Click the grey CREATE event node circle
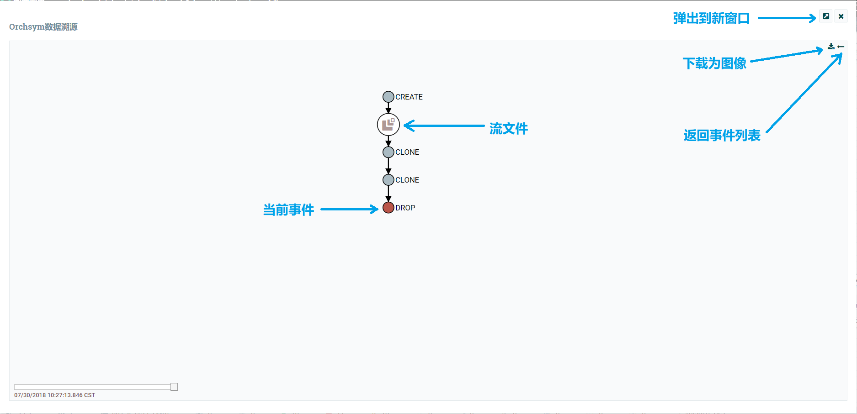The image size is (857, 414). point(388,97)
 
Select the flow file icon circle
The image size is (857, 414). point(388,125)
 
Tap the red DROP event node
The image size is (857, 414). point(388,208)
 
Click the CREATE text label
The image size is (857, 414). point(409,97)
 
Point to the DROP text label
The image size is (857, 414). point(405,208)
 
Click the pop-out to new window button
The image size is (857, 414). point(826,16)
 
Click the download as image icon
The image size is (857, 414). point(831,47)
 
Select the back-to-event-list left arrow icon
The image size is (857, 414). point(841,47)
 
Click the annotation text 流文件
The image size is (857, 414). point(509,129)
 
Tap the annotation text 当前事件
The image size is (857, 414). point(288,210)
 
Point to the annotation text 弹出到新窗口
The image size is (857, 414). point(711,18)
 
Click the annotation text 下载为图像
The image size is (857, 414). point(714,63)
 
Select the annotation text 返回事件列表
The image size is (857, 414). point(722,136)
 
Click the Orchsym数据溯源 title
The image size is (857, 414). point(43,27)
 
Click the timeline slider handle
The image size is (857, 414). point(174,387)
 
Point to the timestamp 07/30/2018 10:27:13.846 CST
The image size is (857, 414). point(54,395)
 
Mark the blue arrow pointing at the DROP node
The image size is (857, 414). point(349,209)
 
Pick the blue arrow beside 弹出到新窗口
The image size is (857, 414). point(787,18)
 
